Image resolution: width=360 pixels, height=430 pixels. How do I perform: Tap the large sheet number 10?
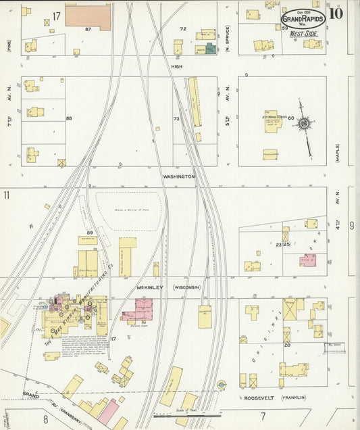click(x=336, y=13)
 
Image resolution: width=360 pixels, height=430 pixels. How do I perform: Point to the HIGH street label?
click(x=177, y=67)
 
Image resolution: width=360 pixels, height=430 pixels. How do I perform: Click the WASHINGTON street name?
click(x=178, y=176)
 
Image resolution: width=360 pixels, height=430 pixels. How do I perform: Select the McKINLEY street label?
click(x=151, y=287)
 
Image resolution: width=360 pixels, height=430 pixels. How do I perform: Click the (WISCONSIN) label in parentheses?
click(x=186, y=287)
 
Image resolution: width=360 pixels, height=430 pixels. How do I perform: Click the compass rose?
click(x=305, y=124)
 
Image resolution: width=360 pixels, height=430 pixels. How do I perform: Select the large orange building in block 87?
click(x=87, y=18)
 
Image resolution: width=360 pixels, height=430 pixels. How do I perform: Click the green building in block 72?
click(x=210, y=49)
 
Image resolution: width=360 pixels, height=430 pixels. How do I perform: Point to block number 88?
click(x=69, y=119)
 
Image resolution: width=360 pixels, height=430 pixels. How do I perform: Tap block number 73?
click(x=178, y=119)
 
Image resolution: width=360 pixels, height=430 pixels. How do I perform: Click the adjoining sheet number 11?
click(x=6, y=195)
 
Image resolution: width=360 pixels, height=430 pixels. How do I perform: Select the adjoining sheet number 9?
click(x=352, y=226)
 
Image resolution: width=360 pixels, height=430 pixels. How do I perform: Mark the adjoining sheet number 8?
click(x=46, y=421)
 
